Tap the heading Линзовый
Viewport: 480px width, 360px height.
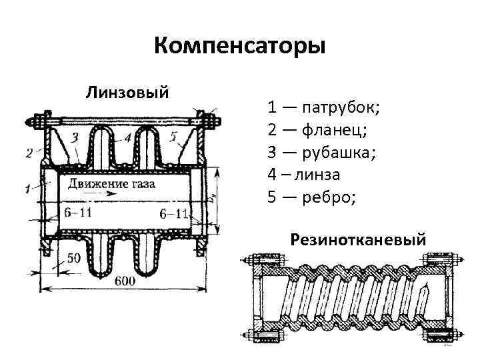[127, 90]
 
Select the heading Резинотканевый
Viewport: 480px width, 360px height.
[358, 239]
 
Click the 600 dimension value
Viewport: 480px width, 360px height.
[123, 281]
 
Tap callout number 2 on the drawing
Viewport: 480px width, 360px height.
[29, 153]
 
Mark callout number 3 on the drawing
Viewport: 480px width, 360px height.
[74, 137]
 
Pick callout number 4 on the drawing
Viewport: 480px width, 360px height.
[127, 138]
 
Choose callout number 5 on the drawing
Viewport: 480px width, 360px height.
[173, 137]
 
